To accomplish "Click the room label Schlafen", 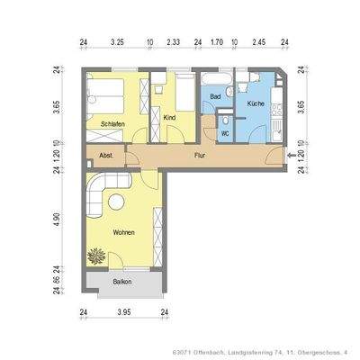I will point(112,122).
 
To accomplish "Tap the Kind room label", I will point(168,118).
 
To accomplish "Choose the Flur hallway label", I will point(200,156).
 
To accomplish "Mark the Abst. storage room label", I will point(94,155).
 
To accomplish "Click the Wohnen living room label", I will point(124,233).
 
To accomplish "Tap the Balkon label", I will point(123,282).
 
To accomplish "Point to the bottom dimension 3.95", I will point(125,311).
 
